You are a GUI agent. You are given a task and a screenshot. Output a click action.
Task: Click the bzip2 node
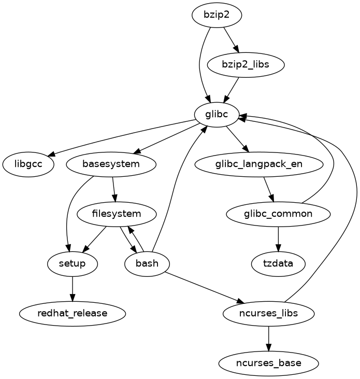217,16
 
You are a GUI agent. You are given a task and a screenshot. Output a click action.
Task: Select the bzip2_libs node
246,65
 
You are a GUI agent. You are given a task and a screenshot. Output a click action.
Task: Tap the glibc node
217,115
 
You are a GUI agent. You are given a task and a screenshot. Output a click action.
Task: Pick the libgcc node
28,164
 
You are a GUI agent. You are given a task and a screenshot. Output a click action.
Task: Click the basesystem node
111,164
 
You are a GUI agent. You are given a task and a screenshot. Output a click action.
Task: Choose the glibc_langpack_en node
260,164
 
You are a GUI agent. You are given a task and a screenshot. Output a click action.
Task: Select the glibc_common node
278,214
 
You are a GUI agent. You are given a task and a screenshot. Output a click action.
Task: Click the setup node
72,263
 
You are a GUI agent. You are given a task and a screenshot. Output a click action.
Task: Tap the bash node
147,263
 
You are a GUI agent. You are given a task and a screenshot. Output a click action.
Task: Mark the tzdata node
278,263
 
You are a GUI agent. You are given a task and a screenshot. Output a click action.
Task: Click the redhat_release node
72,313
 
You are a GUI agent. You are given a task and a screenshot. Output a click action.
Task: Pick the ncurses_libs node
268,313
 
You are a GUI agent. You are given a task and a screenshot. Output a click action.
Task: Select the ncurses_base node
268,363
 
